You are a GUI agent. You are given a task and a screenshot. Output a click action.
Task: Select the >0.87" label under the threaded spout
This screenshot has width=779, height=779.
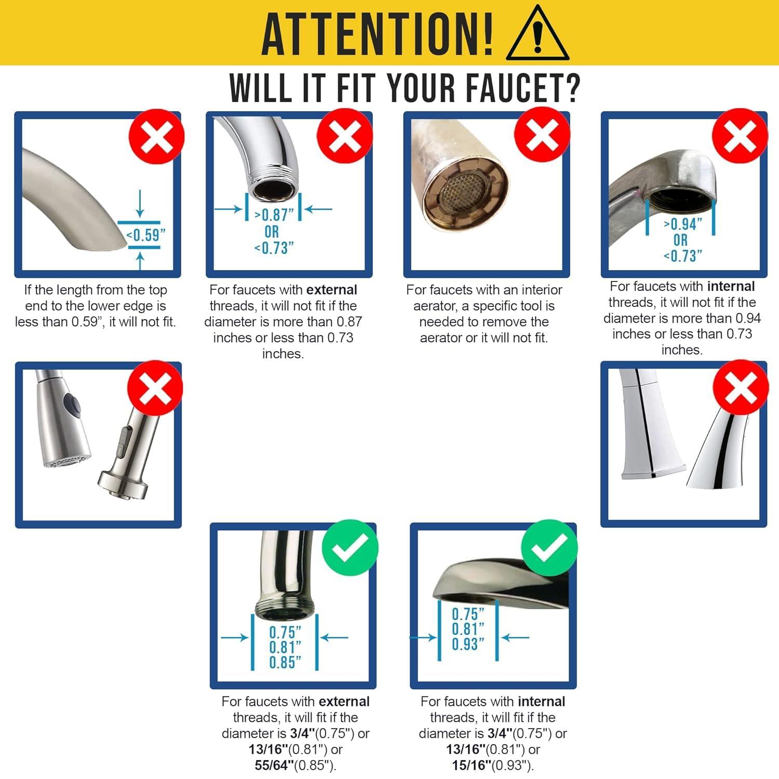tap(274, 214)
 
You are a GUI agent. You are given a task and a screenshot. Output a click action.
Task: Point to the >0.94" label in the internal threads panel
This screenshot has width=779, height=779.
tap(683, 224)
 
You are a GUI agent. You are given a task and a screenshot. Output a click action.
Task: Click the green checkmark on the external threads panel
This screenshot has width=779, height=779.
tap(350, 548)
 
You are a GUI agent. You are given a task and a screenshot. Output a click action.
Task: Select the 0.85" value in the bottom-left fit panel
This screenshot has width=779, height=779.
tap(285, 663)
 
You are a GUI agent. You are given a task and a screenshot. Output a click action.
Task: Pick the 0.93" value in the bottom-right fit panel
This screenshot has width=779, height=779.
tap(467, 644)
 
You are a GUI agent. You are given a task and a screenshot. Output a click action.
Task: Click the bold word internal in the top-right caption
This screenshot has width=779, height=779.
tap(731, 286)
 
